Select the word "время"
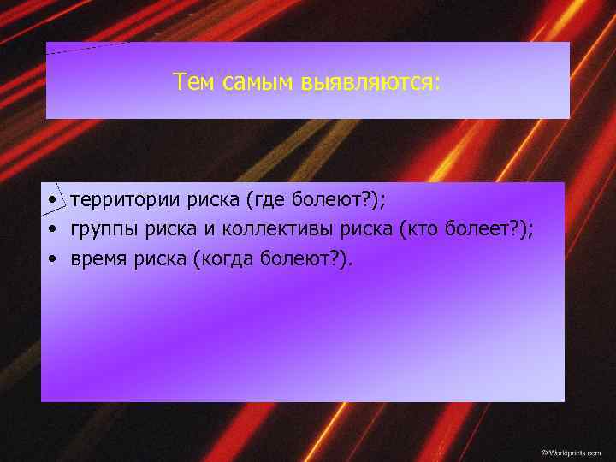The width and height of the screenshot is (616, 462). click(x=99, y=258)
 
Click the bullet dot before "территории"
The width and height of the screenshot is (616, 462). click(x=53, y=201)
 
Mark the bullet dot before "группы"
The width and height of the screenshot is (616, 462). click(x=53, y=229)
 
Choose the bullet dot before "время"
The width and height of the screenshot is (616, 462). click(x=53, y=258)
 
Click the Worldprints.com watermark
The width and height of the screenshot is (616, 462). click(x=571, y=451)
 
